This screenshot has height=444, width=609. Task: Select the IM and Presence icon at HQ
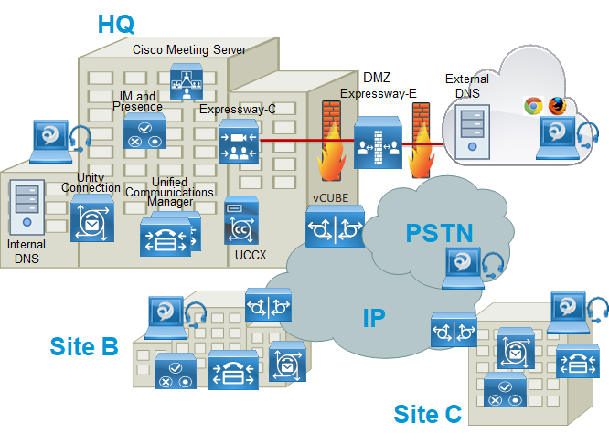coord(144,131)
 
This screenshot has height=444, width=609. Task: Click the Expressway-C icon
coord(239,142)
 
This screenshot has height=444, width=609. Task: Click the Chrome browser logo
coord(533,106)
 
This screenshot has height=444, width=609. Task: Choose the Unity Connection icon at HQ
coord(92,217)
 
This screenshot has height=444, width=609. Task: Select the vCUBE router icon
coord(335,226)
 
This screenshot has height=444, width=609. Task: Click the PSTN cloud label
coord(439,233)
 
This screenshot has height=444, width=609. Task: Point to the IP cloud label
coord(373,318)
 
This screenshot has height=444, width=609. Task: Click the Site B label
coord(84,346)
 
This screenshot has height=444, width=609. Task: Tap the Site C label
coord(427,414)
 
